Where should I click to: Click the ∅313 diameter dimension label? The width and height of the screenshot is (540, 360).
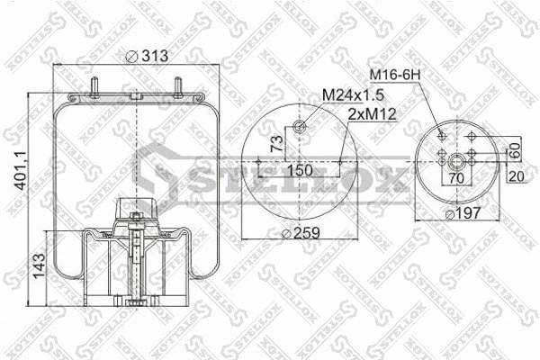[148, 57]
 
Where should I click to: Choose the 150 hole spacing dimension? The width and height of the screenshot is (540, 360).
[300, 170]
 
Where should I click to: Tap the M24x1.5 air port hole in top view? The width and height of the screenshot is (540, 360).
[300, 127]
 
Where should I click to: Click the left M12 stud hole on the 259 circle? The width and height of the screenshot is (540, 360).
[260, 162]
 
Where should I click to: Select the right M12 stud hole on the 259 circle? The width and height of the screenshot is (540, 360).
[339, 162]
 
